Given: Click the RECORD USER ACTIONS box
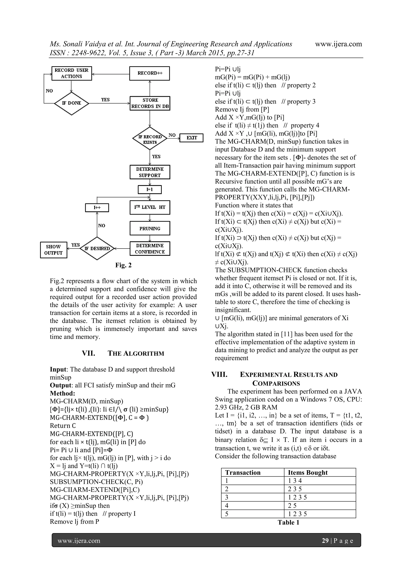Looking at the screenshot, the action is (x=71, y=73).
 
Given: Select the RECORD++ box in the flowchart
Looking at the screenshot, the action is (x=149, y=73).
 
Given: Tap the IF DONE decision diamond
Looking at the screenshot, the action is (x=71, y=103).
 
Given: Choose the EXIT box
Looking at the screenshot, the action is (x=191, y=138).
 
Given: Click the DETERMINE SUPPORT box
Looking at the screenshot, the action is (x=150, y=172).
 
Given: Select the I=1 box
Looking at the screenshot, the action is (x=149, y=189).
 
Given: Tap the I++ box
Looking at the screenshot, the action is (x=97, y=207).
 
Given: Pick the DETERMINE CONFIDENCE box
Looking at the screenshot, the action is (x=150, y=249).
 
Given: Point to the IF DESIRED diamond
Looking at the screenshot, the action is (x=97, y=249).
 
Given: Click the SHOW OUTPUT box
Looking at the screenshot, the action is (x=54, y=250).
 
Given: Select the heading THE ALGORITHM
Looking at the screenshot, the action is (x=136, y=353).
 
